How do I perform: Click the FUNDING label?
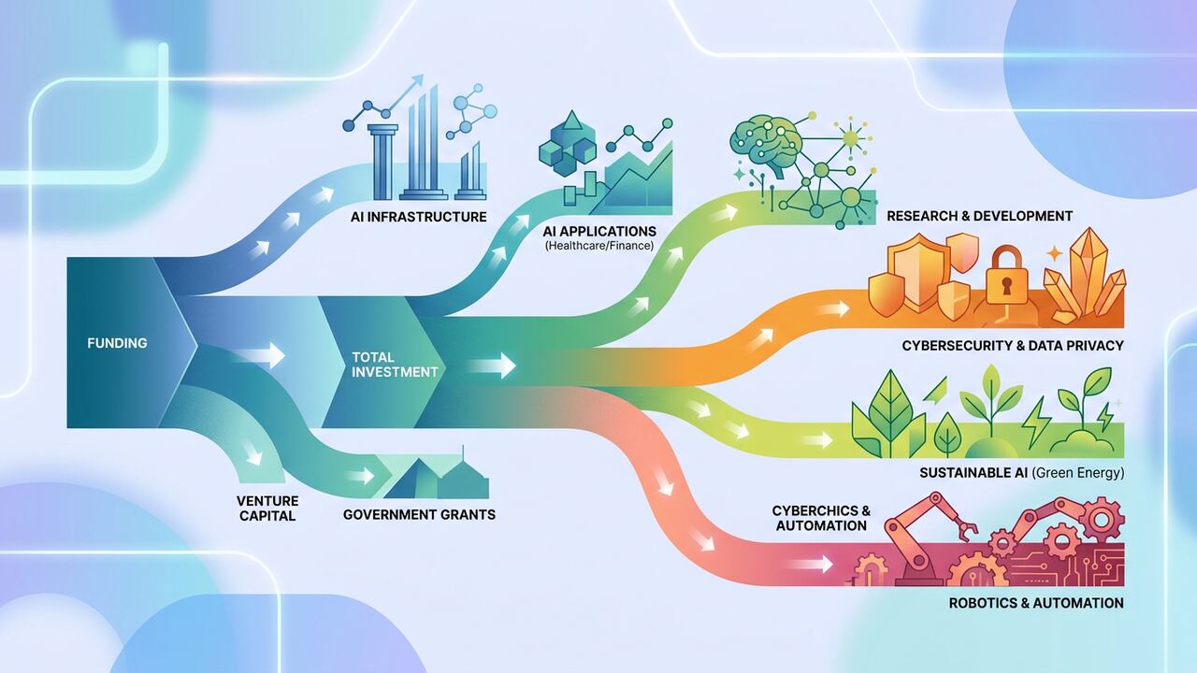pyautogui.click(x=117, y=343)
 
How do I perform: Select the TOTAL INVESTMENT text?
pyautogui.click(x=395, y=365)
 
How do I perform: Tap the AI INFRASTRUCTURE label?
pyautogui.click(x=418, y=216)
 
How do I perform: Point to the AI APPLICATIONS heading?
pyautogui.click(x=599, y=231)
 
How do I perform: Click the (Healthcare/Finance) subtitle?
pyautogui.click(x=599, y=246)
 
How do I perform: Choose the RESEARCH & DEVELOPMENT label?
pyautogui.click(x=979, y=216)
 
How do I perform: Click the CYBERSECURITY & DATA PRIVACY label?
pyautogui.click(x=1013, y=346)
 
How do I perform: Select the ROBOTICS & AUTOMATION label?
pyautogui.click(x=1036, y=603)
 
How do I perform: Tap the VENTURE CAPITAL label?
pyautogui.click(x=267, y=508)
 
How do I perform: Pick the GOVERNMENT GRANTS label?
pyautogui.click(x=419, y=514)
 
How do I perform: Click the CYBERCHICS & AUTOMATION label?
pyautogui.click(x=821, y=518)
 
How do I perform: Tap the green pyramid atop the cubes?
pyautogui.click(x=572, y=121)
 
